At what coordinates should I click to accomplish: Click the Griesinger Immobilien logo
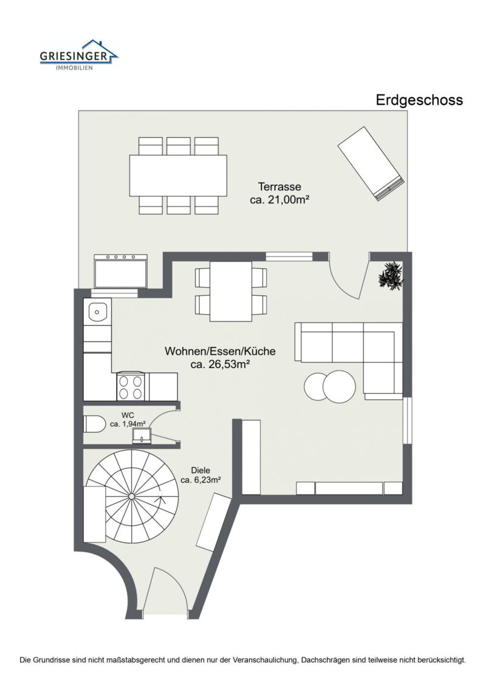click(x=79, y=55)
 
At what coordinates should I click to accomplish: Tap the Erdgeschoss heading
click(x=419, y=100)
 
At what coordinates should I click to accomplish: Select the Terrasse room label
click(x=279, y=187)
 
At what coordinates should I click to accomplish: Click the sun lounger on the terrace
click(x=371, y=163)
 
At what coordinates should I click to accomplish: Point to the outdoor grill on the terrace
click(x=121, y=271)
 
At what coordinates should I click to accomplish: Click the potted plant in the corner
click(x=390, y=275)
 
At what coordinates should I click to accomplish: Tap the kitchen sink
click(x=97, y=312)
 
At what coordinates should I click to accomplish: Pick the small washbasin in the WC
click(x=142, y=434)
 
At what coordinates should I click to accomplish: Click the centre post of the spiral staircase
click(x=131, y=496)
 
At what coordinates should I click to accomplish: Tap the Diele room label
click(x=200, y=470)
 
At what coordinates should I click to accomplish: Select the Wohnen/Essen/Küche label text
click(x=220, y=351)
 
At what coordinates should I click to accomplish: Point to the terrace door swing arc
click(x=345, y=279)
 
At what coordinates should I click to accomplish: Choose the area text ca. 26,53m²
click(x=221, y=364)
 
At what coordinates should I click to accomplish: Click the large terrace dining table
click(x=178, y=175)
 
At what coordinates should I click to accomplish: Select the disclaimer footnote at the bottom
click(x=243, y=659)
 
